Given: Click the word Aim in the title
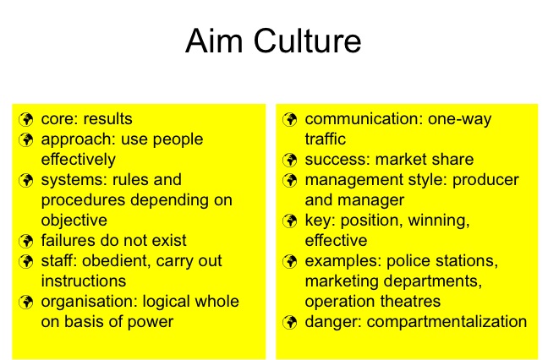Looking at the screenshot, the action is (214, 41).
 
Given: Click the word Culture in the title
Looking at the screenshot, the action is (307, 41).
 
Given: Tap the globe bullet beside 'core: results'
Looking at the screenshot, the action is (26, 119).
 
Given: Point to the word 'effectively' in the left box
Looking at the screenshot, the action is (79, 160).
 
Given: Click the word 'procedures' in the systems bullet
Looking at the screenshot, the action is (83, 200).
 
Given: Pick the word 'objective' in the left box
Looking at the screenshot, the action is (74, 221).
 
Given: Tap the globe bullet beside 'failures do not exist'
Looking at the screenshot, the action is (26, 241).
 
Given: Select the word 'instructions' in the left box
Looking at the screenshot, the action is (84, 281).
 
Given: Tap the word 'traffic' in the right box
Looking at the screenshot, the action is (326, 139).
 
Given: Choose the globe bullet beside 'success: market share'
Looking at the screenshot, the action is (290, 160).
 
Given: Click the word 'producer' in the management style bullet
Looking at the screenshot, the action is (485, 181).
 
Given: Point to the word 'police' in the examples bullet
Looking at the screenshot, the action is (405, 261).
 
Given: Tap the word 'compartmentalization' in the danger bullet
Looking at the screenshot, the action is (447, 322).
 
